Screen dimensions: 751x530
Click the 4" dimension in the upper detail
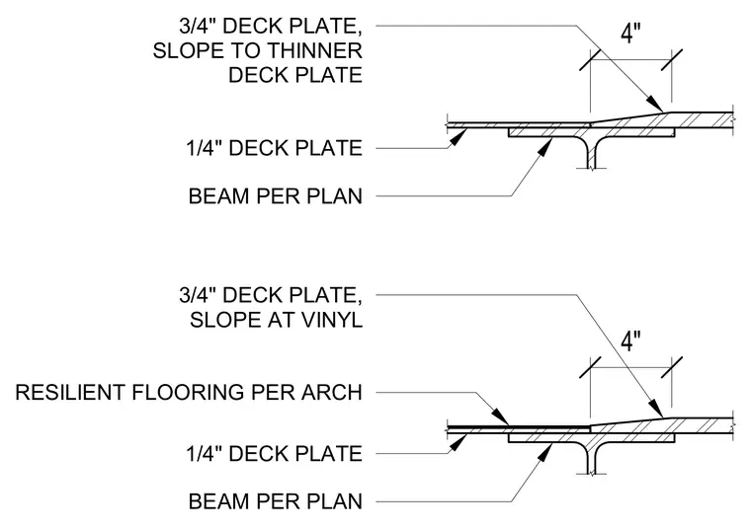point(630,34)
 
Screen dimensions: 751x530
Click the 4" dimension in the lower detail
point(630,341)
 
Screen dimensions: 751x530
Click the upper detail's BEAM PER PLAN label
point(276,196)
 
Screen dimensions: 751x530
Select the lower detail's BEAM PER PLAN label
point(276,501)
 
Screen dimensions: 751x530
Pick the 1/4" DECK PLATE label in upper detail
point(275,148)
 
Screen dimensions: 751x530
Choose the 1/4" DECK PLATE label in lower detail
point(275,453)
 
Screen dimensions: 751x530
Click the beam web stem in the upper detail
point(593,153)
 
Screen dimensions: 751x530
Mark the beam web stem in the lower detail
point(593,458)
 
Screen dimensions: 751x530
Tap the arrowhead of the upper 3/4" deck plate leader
point(655,104)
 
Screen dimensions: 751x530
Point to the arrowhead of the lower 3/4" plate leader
point(656,410)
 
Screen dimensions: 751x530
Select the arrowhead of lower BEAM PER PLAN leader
point(544,452)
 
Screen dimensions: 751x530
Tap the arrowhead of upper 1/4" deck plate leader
point(459,137)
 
